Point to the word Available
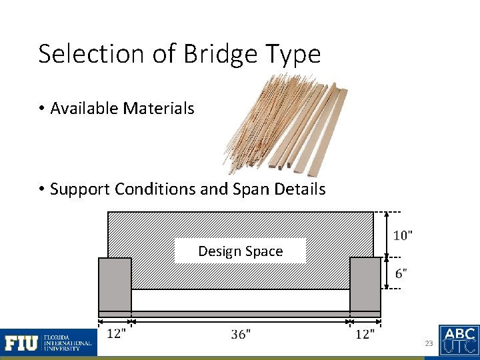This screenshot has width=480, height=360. (85, 108)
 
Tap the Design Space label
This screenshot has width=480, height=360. (240, 251)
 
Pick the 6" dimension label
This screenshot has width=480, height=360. (401, 273)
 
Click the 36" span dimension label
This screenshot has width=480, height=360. (241, 334)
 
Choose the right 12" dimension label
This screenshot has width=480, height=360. (364, 334)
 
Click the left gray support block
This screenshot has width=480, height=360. (115, 285)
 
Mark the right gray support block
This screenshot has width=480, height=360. (365, 285)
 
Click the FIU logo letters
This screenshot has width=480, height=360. (21, 343)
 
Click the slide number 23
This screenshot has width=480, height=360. (429, 343)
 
